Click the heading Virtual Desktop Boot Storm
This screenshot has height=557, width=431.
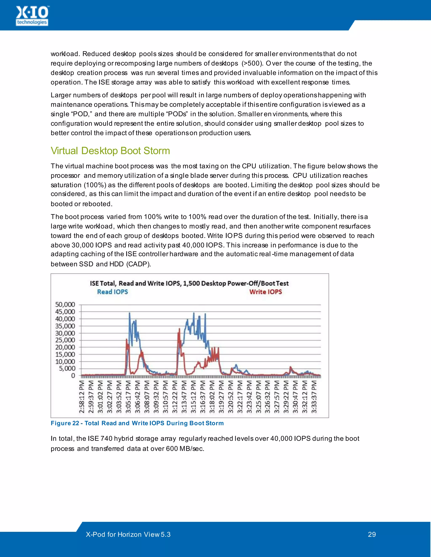(110, 151)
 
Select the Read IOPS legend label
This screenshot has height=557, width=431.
(113, 292)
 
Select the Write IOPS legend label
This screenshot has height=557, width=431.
(266, 292)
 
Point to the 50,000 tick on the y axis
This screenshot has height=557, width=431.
(65, 305)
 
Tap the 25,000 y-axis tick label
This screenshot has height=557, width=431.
(65, 340)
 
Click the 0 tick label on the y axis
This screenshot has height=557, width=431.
(73, 376)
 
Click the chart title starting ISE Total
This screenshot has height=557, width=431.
(189, 283)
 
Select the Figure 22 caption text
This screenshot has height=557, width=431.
(137, 423)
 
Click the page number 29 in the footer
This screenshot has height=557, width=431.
(372, 534)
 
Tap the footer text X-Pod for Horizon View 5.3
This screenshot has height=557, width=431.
(128, 534)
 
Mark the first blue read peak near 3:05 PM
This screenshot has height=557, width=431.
(129, 313)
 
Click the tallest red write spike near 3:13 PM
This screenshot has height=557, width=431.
(179, 329)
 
